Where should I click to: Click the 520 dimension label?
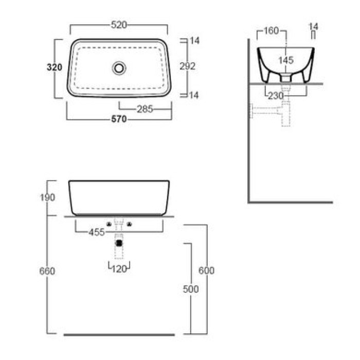pos(119,25)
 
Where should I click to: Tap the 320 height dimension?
pos(55,67)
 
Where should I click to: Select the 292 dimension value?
pos(188,66)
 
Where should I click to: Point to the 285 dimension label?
pos(145,109)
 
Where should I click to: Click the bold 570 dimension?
pos(119,119)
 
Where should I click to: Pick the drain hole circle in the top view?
pos(119,68)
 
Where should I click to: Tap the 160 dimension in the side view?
pos(271,30)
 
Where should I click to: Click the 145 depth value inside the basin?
pos(286,60)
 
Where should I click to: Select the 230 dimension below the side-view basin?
pos(276,96)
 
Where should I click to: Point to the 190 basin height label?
pos(47,197)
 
